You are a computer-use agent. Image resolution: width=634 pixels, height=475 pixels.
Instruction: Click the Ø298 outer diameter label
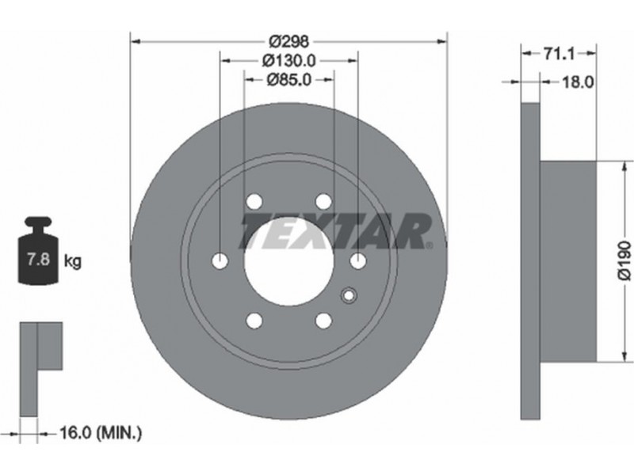(x=288, y=41)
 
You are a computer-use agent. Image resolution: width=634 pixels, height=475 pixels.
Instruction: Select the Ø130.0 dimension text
(x=288, y=61)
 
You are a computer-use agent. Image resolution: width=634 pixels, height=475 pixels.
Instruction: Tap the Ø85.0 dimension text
(x=289, y=80)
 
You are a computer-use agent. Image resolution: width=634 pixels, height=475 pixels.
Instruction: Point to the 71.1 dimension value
(x=559, y=54)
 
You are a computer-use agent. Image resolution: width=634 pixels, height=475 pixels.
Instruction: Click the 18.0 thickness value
(x=578, y=82)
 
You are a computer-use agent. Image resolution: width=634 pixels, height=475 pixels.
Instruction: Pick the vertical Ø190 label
(x=624, y=260)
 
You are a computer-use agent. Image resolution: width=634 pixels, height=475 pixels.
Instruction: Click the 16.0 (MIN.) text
(x=101, y=433)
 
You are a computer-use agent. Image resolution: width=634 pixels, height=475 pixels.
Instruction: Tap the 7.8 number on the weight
(x=38, y=259)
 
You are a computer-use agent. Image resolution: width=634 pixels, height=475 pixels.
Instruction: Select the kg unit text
(x=73, y=262)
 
